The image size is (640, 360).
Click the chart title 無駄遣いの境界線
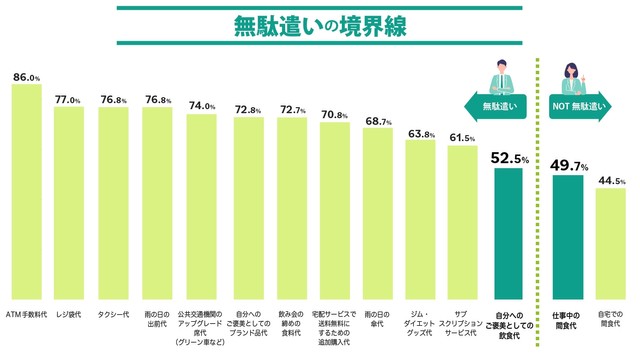319,27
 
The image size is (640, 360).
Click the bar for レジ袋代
69,200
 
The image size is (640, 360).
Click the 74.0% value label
202,106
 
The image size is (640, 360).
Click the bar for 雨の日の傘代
377,210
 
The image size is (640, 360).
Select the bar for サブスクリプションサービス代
464,220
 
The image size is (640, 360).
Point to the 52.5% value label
509,158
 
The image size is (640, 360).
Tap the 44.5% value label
611,180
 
